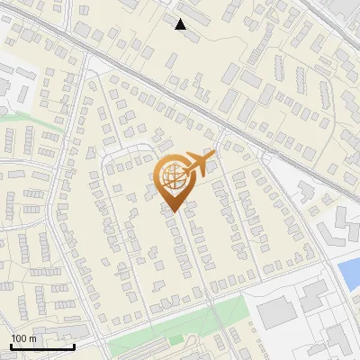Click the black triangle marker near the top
click(181, 24)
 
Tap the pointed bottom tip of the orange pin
click(175, 213)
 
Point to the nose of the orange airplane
click(212, 157)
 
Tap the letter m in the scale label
click(33, 338)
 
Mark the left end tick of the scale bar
click(11, 346)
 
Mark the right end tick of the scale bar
click(74, 346)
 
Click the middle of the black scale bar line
click(42, 347)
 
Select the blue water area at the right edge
click(349, 273)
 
